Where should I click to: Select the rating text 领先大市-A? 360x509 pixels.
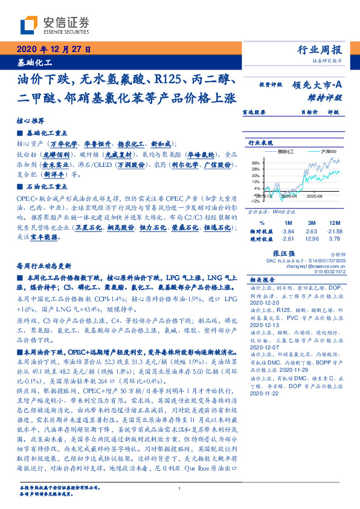[x=320, y=86]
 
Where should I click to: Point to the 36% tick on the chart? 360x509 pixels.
[x=256, y=163]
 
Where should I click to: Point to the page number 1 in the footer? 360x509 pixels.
[x=180, y=488]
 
